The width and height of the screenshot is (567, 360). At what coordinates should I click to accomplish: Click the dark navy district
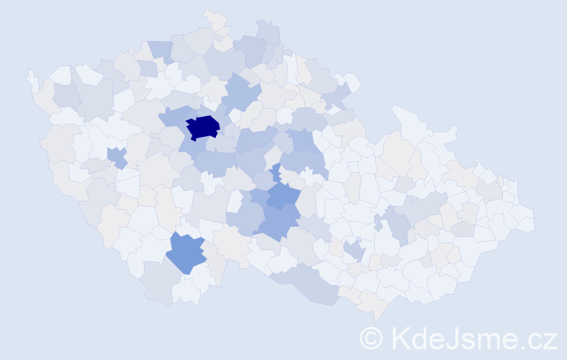click(x=202, y=126)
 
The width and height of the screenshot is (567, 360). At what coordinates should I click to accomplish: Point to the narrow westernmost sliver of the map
click(x=31, y=80)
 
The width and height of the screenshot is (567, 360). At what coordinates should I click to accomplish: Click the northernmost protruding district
click(x=214, y=19)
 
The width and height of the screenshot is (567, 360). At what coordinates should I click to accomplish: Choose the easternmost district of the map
click(x=525, y=220)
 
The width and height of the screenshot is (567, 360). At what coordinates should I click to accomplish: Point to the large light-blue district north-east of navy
click(x=241, y=94)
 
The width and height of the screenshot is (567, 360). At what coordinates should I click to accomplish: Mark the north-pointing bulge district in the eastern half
click(x=407, y=119)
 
